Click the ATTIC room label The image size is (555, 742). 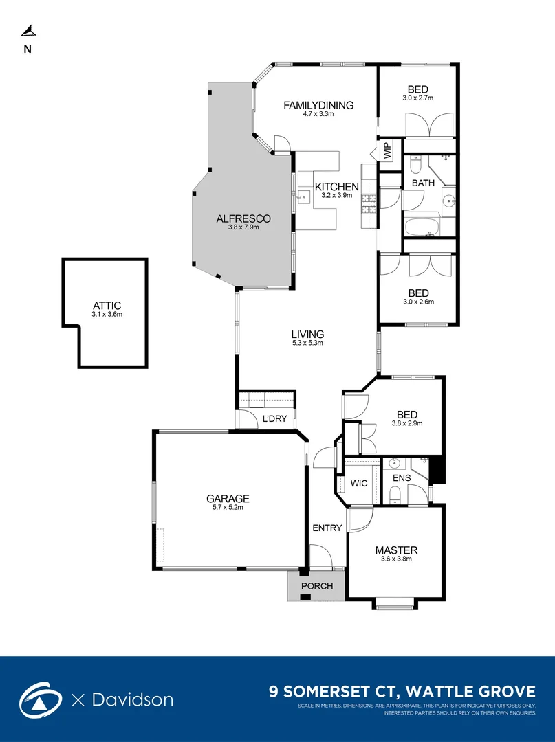(x=106, y=306)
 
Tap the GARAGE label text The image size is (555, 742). (x=228, y=499)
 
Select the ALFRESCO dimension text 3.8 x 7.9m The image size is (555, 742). (x=243, y=227)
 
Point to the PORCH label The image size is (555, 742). (x=317, y=586)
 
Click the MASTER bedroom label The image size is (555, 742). (x=396, y=550)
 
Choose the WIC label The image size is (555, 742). (x=359, y=483)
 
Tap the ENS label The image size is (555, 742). (x=401, y=477)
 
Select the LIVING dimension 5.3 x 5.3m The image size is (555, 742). (x=307, y=343)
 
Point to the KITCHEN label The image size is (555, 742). (x=336, y=187)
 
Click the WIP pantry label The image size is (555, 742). (x=387, y=149)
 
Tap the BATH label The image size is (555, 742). (x=423, y=183)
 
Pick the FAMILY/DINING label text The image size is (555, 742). (x=318, y=105)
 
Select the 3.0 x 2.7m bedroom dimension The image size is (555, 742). (x=417, y=98)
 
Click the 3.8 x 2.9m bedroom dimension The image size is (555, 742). (x=407, y=423)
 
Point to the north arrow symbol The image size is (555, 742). (x=28, y=30)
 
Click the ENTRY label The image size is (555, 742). (x=327, y=528)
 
